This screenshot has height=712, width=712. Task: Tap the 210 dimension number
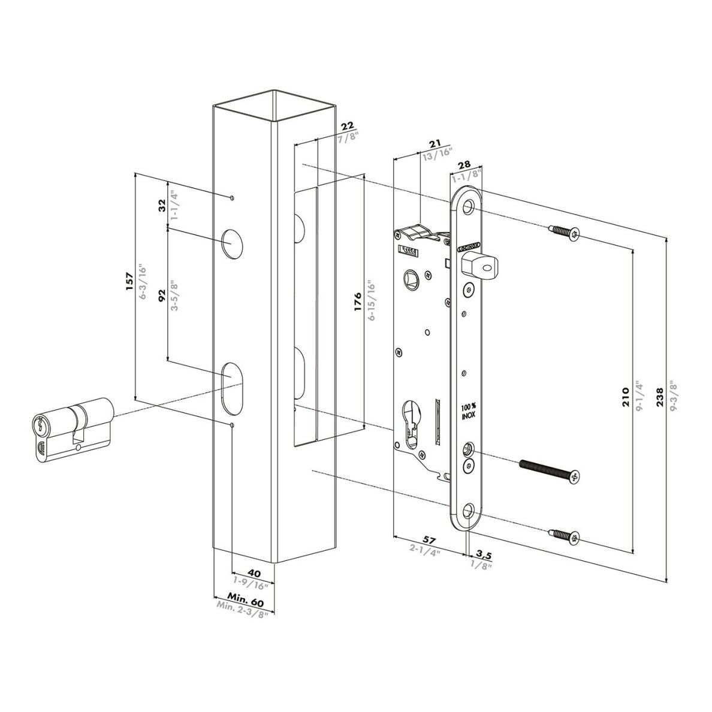click(625, 396)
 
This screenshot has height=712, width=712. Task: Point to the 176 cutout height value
click(357, 302)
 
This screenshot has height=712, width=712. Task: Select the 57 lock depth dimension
click(429, 540)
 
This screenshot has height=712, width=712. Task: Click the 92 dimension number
click(161, 295)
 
